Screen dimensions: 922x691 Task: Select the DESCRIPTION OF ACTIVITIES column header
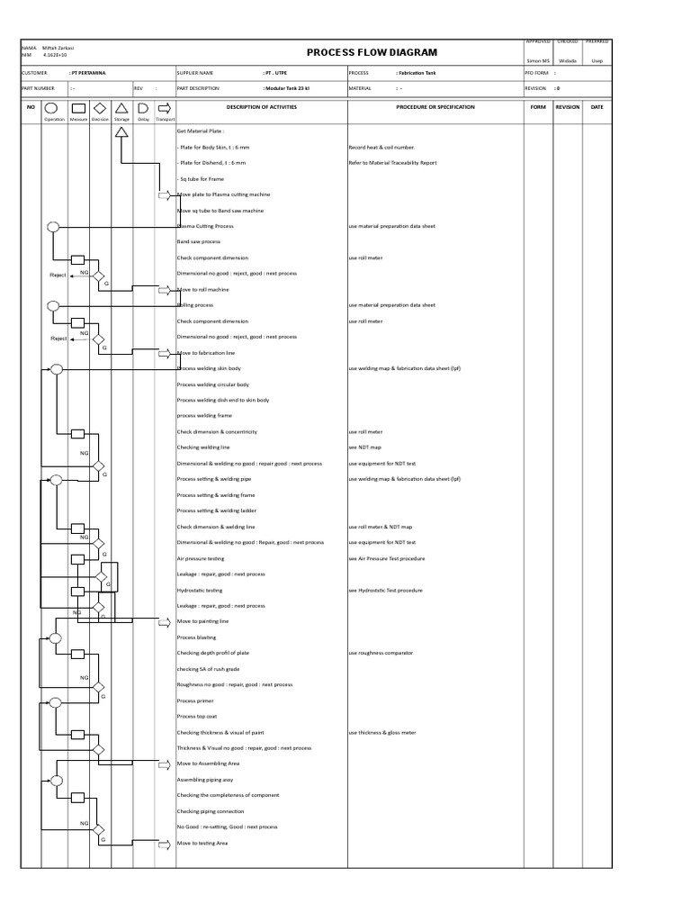point(261,106)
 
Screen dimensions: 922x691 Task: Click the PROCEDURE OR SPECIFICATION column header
point(435,106)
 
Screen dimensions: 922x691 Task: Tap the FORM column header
point(538,106)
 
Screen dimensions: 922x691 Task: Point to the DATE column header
point(597,106)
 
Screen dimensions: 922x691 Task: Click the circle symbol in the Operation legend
point(54,107)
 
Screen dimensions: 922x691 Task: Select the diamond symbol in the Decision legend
point(99,107)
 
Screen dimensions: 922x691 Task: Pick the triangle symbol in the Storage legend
point(121,107)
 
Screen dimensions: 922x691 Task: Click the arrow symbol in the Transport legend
point(165,107)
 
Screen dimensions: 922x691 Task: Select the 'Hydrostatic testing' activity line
point(200,591)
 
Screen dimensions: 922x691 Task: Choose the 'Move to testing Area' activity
point(202,844)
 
